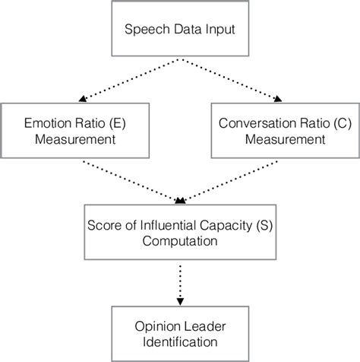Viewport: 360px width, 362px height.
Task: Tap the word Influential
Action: click(169, 224)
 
